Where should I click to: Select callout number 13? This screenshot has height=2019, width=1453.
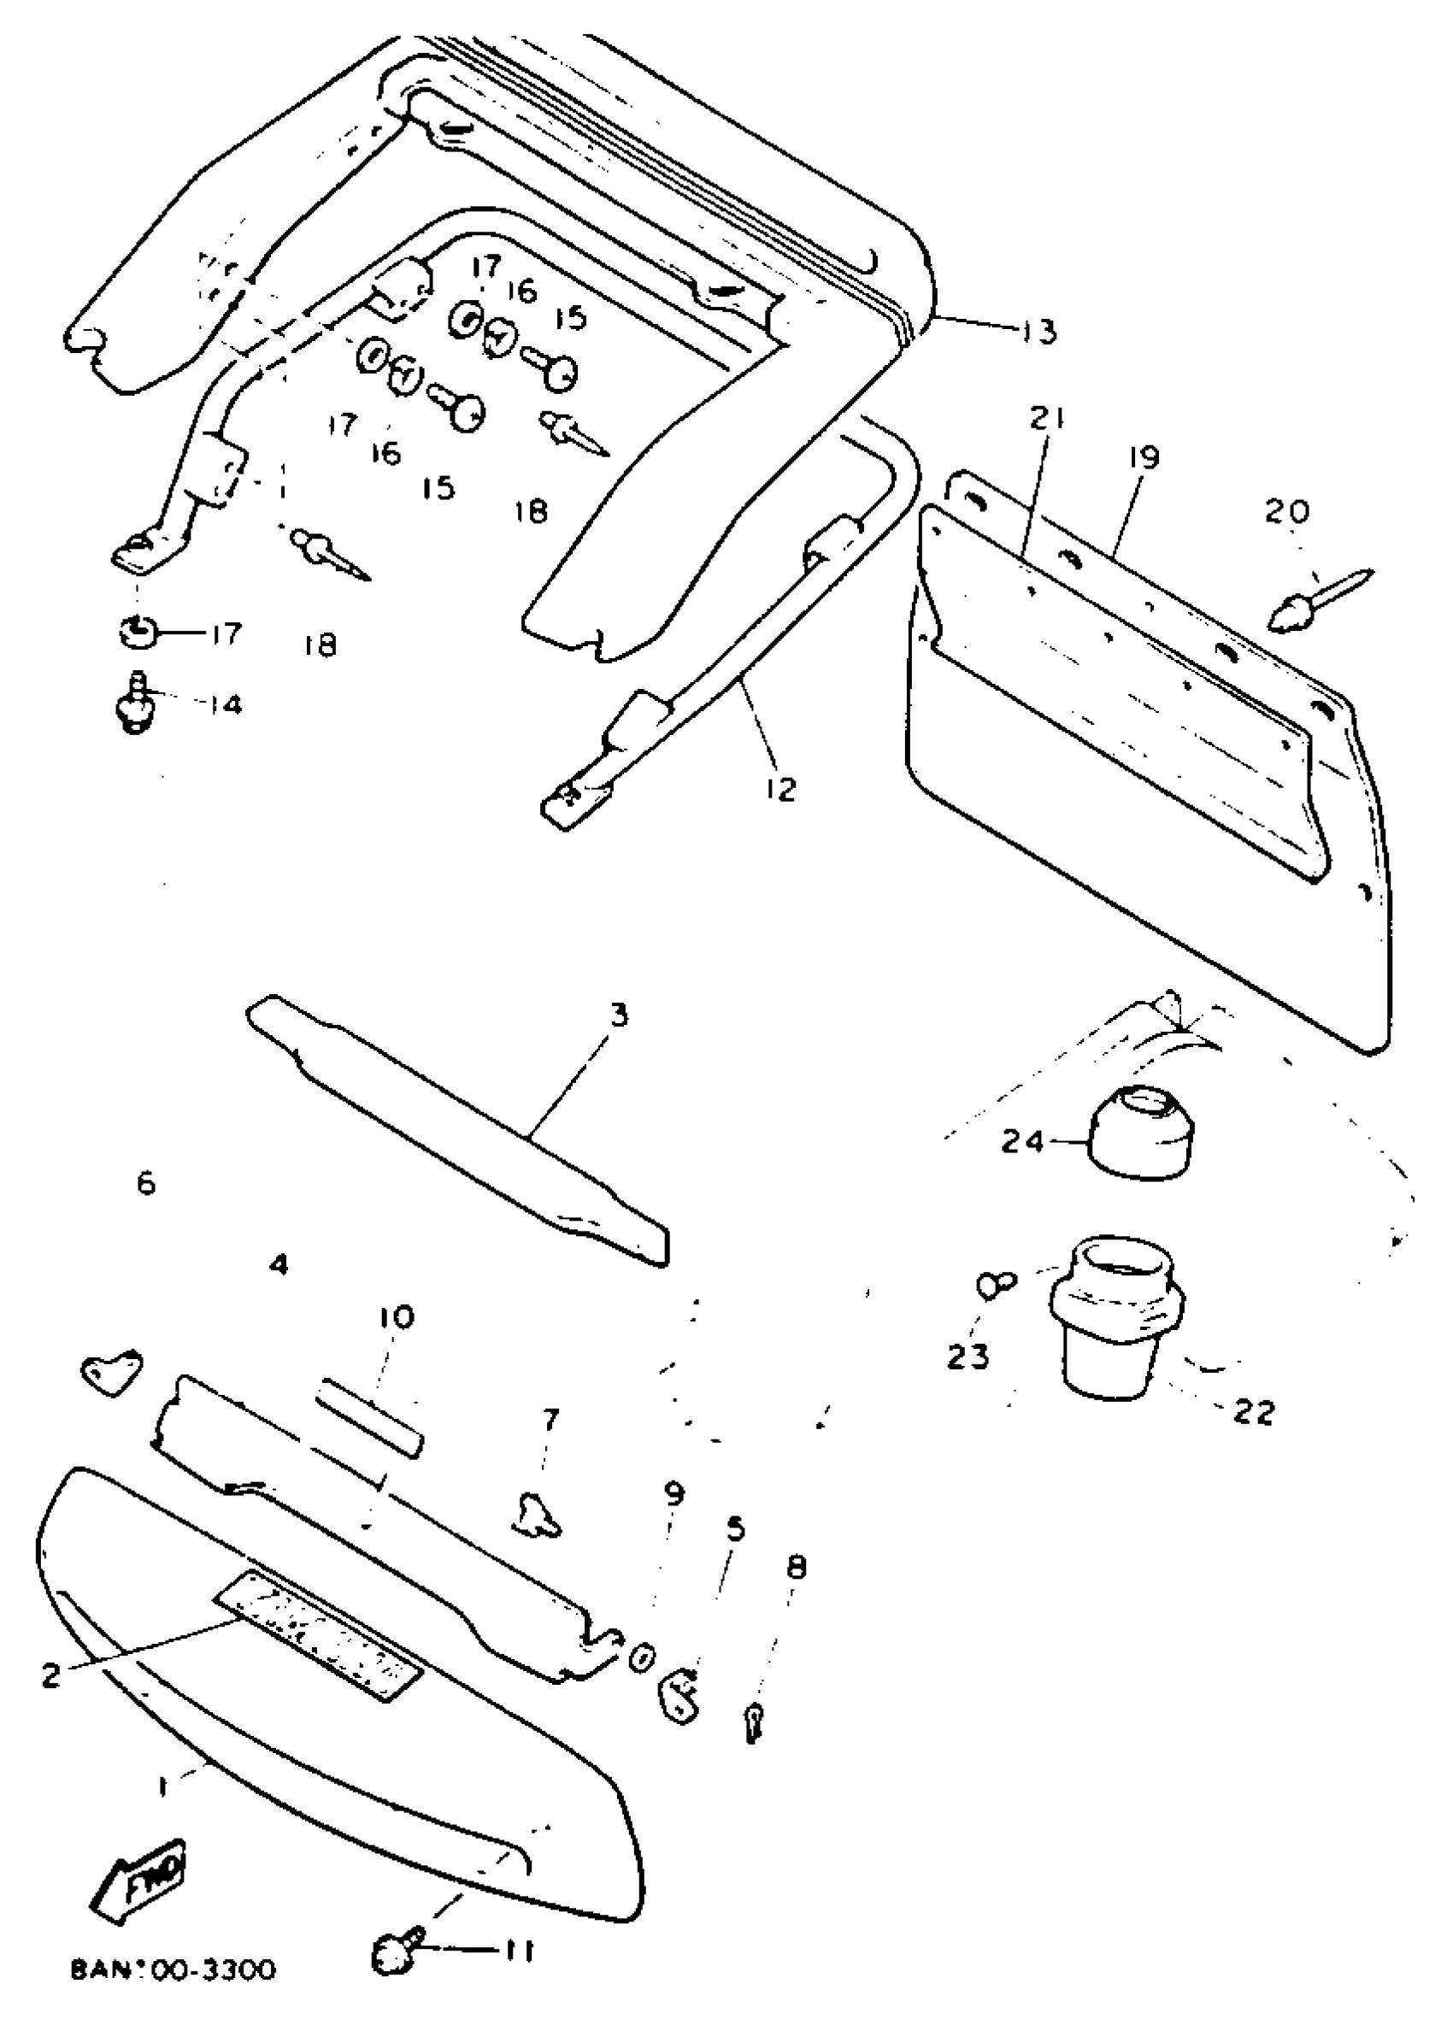coord(1038,331)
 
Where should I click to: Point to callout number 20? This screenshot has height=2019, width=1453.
coord(1286,511)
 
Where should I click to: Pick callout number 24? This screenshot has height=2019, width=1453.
coord(1021,1140)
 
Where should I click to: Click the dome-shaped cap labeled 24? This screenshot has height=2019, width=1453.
coord(1140,1132)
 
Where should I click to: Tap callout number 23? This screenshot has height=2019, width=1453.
coord(968,1357)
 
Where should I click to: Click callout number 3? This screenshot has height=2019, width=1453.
coord(619,1015)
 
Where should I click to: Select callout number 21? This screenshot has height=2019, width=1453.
coord(1047,418)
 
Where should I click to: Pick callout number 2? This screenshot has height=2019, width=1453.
coord(51,1675)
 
